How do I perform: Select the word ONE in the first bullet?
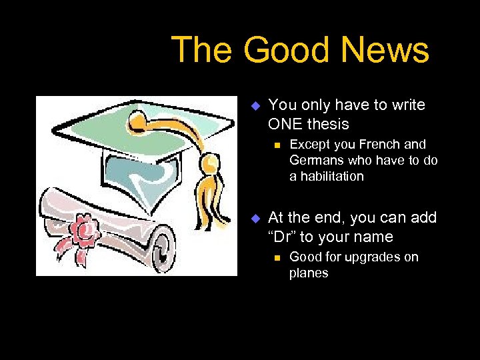click(x=284, y=124)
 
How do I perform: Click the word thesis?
click(x=327, y=124)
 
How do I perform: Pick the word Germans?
click(x=315, y=160)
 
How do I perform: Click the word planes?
click(x=309, y=273)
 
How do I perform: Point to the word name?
click(x=373, y=237)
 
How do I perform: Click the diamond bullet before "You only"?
click(x=254, y=105)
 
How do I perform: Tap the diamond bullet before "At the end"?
click(x=254, y=218)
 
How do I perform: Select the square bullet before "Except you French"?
click(x=274, y=145)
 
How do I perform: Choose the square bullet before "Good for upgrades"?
click(x=274, y=257)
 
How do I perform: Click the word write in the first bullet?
click(x=409, y=105)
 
